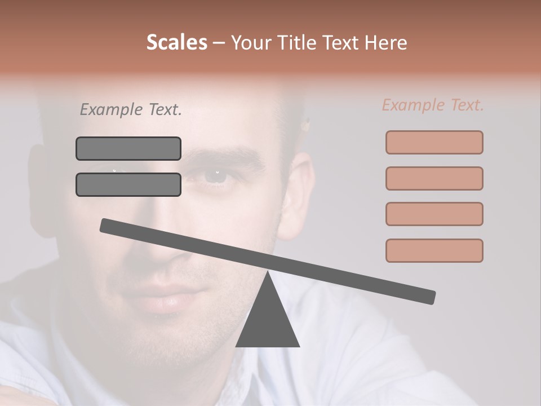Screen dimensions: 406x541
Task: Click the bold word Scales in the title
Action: pyautogui.click(x=176, y=42)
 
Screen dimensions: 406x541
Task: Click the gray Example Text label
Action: pyautogui.click(x=131, y=110)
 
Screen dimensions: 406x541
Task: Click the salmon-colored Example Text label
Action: pyautogui.click(x=433, y=105)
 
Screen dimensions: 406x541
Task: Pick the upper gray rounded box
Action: pyautogui.click(x=128, y=148)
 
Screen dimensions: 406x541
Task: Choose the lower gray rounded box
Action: pyautogui.click(x=128, y=184)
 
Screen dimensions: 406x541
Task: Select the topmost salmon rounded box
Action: pyautogui.click(x=434, y=142)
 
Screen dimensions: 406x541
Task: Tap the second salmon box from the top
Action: pyautogui.click(x=434, y=178)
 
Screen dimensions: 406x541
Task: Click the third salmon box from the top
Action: pyautogui.click(x=434, y=214)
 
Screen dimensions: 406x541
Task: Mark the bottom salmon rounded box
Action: pyautogui.click(x=434, y=250)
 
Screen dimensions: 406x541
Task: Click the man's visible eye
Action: pyautogui.click(x=215, y=176)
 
